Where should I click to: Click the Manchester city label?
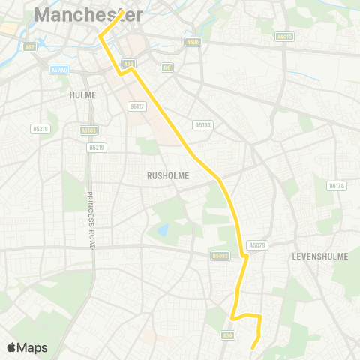[x=88, y=14]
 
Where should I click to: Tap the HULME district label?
[x=82, y=95]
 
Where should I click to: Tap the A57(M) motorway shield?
[x=58, y=69]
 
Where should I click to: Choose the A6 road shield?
[x=166, y=67]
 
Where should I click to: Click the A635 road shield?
[x=193, y=43]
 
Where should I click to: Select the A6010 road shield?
[x=283, y=36]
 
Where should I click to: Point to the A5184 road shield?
[x=201, y=125]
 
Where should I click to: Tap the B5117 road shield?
[x=136, y=106]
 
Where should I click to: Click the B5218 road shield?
[x=40, y=129]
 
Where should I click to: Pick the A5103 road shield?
[x=88, y=130]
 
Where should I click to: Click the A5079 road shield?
[x=257, y=244]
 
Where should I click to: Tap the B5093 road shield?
[x=219, y=255]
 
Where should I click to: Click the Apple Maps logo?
[x=26, y=347]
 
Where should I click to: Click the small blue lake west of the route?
[x=163, y=229]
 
